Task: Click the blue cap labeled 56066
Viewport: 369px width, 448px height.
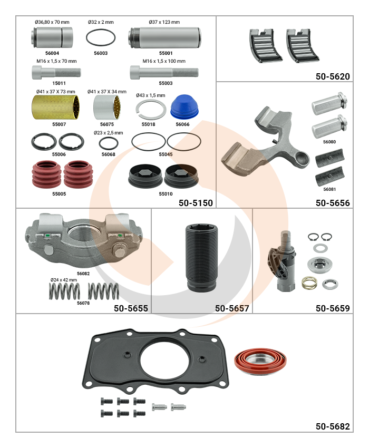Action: click(x=182, y=107)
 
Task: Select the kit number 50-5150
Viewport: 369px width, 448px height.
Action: click(x=196, y=203)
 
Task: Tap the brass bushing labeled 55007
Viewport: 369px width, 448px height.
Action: click(x=55, y=107)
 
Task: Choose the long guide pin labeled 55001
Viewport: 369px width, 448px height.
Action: click(x=164, y=37)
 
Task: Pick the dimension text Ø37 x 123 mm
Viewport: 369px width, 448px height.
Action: click(x=164, y=22)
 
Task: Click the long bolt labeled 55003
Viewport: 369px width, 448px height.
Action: click(x=164, y=72)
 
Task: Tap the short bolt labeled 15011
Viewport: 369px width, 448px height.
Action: click(x=56, y=72)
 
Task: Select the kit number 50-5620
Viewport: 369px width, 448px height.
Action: click(x=333, y=76)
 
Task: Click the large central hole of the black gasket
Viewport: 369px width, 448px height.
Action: click(x=165, y=359)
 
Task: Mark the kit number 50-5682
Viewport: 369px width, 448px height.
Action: click(x=333, y=426)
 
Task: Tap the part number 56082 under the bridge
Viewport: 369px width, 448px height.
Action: click(x=83, y=274)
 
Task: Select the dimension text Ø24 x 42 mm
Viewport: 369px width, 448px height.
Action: click(x=64, y=280)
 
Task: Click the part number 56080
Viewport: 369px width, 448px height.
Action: click(x=329, y=142)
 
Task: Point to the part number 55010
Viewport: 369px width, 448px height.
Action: click(x=166, y=194)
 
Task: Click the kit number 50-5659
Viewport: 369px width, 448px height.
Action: click(x=333, y=308)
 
